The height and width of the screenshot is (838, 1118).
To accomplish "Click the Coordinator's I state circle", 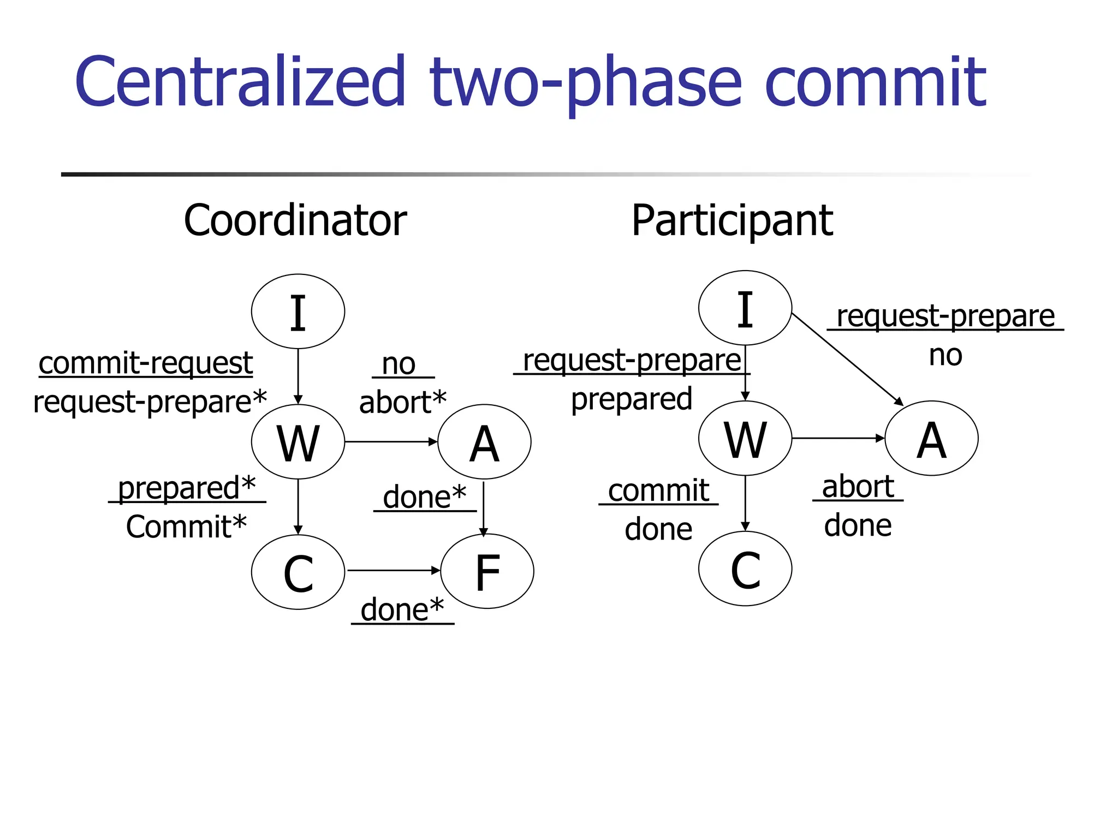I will coord(298,312).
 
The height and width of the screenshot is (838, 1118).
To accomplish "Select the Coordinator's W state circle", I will coord(298,442).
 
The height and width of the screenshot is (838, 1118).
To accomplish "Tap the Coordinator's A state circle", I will coord(484,442).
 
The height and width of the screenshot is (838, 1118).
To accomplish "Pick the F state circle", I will coord(487,571).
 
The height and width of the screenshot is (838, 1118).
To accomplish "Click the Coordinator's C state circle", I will coord(298,572).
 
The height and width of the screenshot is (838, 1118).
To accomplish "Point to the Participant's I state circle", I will coord(745,308).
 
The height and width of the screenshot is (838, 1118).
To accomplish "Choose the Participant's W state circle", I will coord(745,439).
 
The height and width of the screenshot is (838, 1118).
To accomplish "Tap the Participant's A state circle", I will coord(931,439).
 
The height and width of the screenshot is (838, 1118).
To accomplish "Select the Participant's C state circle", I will coord(745,568).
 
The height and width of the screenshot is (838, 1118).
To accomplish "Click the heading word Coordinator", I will coord(295,220).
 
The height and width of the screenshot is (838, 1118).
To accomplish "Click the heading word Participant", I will coord(732,220).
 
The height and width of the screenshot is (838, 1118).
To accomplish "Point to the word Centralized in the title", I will coord(240,82).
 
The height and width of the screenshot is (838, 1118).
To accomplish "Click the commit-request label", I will coord(146,363).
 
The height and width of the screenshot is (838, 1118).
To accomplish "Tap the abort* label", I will coord(403,403).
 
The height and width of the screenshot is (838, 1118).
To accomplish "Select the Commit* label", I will coord(186,527).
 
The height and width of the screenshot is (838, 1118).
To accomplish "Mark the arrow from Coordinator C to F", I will coord(393,571).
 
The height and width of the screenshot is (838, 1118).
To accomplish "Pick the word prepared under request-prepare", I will coord(632,399).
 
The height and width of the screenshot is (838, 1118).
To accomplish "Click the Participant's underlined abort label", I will coord(858,487).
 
